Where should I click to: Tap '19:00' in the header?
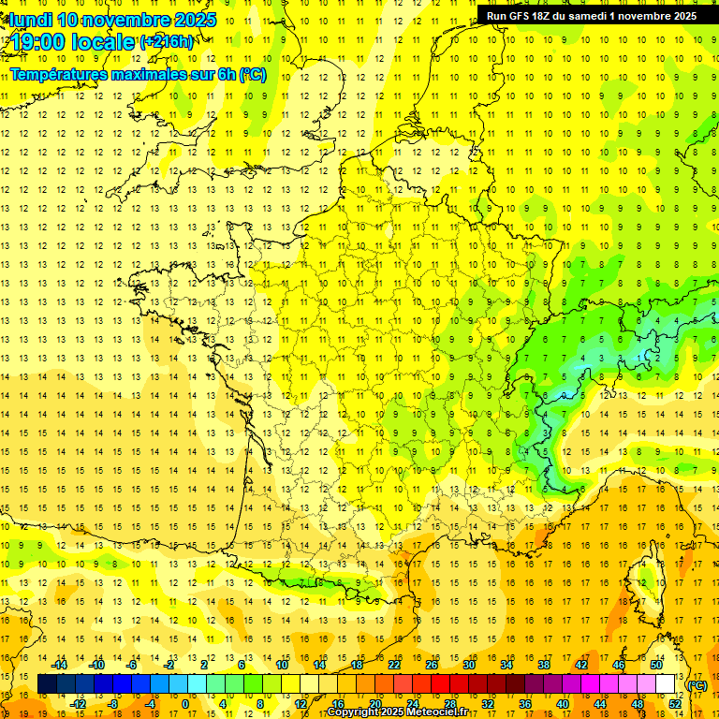point(42,42)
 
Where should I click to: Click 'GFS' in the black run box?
point(525,16)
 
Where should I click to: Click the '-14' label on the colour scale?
point(60,665)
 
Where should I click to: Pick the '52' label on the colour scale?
point(675,703)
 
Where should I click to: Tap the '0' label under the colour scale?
point(184,703)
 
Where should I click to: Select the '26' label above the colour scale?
point(432,665)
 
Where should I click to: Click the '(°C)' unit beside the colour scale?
point(697,685)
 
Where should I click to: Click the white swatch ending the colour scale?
point(666,684)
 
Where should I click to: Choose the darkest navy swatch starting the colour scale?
point(47,684)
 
